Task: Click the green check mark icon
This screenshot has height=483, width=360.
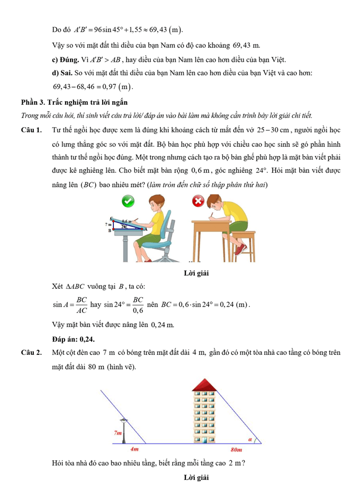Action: (x=127, y=201)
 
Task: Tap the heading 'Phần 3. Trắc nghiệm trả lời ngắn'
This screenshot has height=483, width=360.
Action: (x=74, y=102)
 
